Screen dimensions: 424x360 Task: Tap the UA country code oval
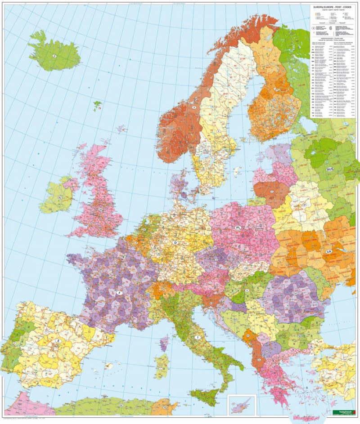pyautogui.click(x=329, y=251)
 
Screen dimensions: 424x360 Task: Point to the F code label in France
pyautogui.click(x=119, y=293)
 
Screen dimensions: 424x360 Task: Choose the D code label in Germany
pyautogui.click(x=175, y=243)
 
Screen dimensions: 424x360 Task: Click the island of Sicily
pyautogui.click(x=204, y=397)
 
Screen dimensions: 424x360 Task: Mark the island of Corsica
pyautogui.click(x=164, y=343)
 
